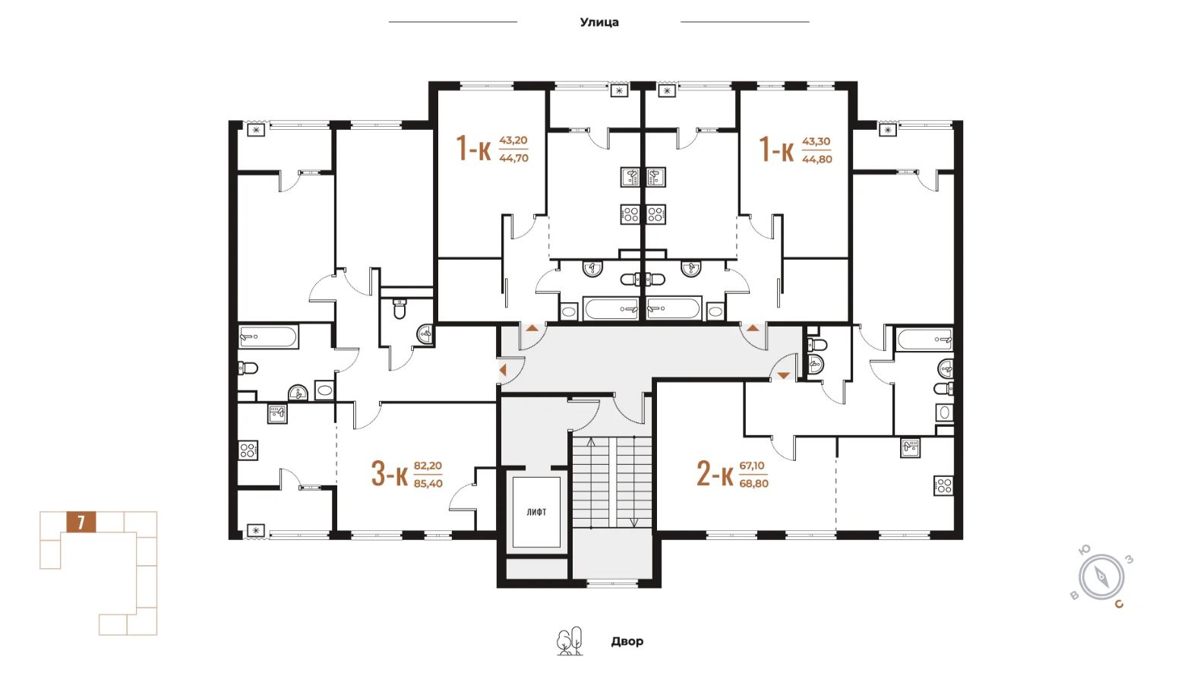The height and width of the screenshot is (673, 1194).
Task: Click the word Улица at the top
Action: (x=599, y=22)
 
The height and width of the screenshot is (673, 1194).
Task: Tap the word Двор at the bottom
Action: (x=627, y=641)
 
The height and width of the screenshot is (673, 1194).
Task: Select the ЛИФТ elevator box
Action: (x=536, y=511)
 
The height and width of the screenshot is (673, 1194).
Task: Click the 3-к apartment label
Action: (x=389, y=473)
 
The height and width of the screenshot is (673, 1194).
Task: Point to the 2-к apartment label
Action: (x=714, y=473)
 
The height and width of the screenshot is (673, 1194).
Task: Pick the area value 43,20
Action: (x=513, y=141)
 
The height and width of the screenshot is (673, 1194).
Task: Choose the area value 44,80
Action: (x=817, y=160)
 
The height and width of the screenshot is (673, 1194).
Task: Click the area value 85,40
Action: (x=428, y=484)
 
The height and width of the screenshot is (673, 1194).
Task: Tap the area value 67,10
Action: (x=752, y=466)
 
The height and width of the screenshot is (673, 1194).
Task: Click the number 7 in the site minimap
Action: (x=81, y=523)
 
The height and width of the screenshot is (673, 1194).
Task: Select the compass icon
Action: (x=1101, y=577)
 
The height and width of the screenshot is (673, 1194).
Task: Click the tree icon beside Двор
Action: (x=570, y=642)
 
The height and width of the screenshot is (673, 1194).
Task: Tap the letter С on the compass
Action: (x=1119, y=605)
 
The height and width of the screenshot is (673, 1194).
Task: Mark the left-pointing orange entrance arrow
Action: (x=502, y=371)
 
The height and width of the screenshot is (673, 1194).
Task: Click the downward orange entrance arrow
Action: (x=782, y=375)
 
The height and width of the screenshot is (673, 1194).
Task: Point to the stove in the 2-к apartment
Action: (x=943, y=485)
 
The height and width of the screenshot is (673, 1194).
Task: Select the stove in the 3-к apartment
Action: (x=248, y=450)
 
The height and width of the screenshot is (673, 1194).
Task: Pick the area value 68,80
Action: (x=753, y=484)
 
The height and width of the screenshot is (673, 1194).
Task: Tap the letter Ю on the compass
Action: (x=1085, y=550)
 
